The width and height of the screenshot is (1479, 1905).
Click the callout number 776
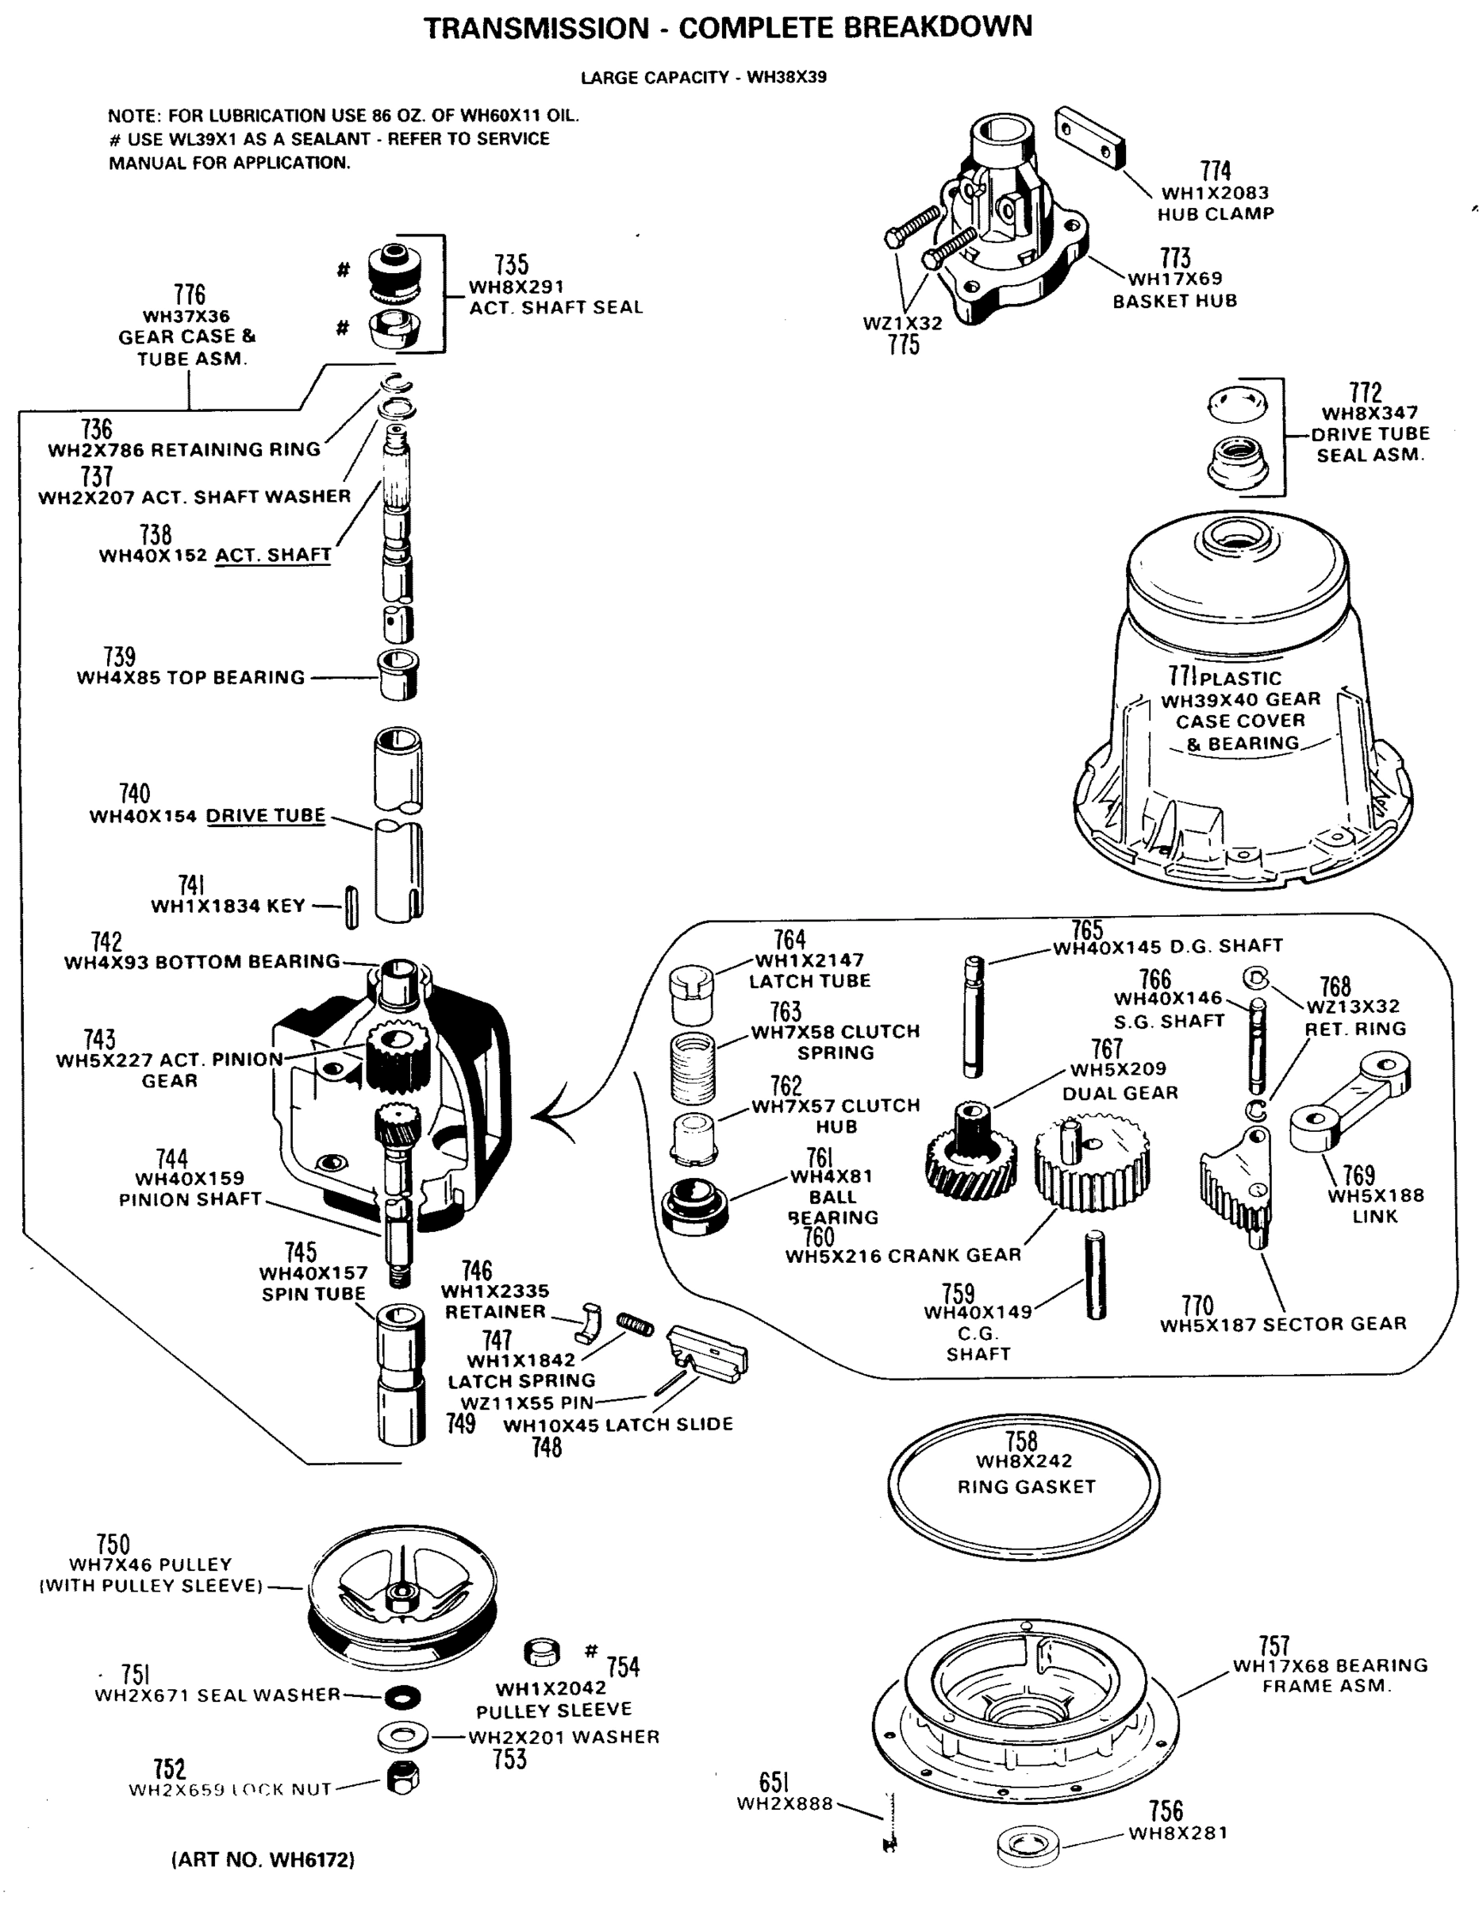point(189,294)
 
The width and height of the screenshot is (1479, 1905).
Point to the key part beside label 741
point(352,907)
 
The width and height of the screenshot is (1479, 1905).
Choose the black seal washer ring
point(402,1696)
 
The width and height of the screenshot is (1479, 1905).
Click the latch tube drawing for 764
point(692,995)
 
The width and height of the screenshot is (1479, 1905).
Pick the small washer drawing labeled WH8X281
point(1029,1845)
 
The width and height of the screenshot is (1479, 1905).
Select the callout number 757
point(1274,1645)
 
